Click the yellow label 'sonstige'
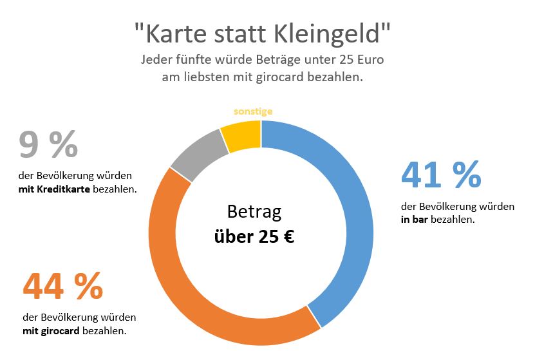click(253, 111)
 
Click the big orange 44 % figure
click(62, 287)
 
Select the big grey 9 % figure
click(48, 144)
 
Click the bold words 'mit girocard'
click(51, 331)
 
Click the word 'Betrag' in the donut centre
click(254, 212)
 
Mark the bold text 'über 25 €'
click(254, 236)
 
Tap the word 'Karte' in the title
click(168, 32)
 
